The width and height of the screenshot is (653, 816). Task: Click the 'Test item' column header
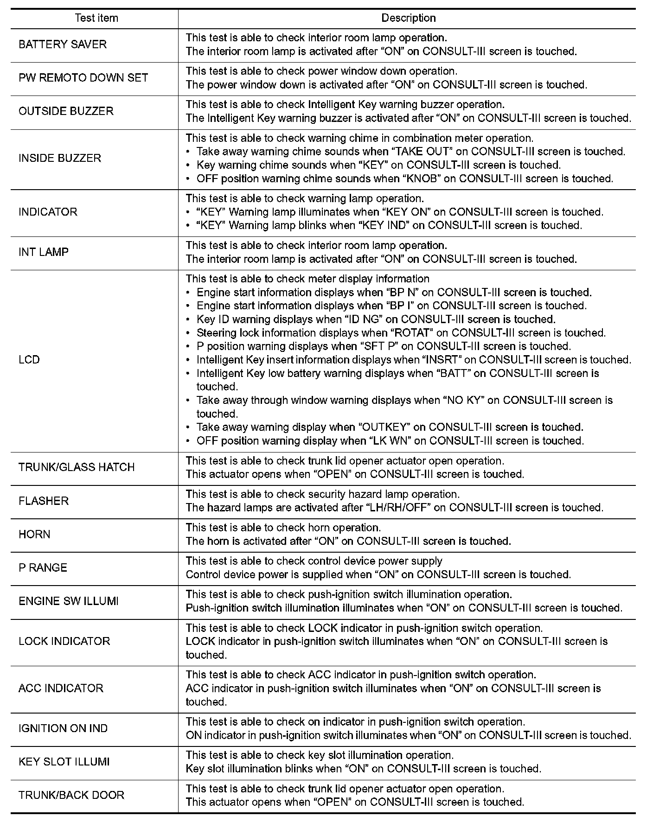(96, 18)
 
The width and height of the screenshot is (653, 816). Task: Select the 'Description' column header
(408, 18)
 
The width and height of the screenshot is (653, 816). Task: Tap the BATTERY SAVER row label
(63, 45)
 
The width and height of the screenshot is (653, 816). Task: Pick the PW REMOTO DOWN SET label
(83, 78)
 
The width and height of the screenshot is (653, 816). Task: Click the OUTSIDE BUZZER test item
(66, 111)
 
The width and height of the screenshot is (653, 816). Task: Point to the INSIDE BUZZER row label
(60, 158)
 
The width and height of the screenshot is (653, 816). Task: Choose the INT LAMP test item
(44, 252)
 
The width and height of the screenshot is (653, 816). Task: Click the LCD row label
(29, 360)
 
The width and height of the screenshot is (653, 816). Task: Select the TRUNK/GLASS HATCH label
(77, 467)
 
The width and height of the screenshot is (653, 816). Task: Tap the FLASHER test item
(44, 501)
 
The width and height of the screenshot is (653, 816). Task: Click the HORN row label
(34, 534)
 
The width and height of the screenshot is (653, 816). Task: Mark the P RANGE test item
(43, 567)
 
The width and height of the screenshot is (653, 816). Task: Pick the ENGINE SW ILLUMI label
(69, 601)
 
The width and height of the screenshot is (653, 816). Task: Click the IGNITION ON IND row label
(63, 728)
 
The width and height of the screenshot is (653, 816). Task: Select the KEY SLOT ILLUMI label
(64, 762)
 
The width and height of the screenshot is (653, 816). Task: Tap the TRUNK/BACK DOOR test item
(71, 795)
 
